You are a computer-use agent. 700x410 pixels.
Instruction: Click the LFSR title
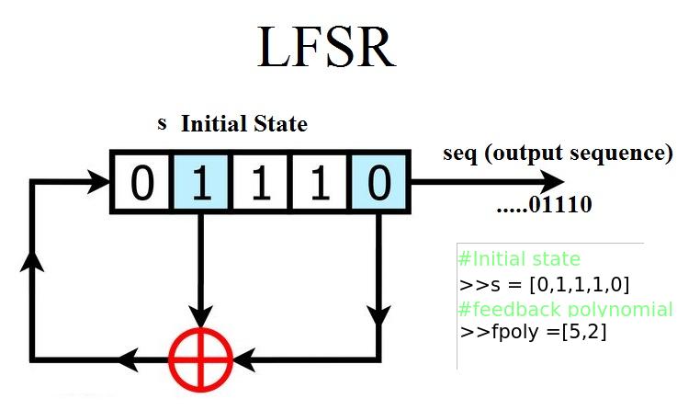326,48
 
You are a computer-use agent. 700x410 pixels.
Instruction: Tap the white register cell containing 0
141,182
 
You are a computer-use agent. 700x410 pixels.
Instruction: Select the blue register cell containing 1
201,182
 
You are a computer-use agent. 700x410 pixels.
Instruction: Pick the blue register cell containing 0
379,182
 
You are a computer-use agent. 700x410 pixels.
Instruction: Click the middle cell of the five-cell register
261,182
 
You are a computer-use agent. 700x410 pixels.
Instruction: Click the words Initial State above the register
243,124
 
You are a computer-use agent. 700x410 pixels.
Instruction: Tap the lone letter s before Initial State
162,123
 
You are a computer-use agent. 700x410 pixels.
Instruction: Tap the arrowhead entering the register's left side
99,181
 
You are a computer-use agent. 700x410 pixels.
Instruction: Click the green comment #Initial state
519,258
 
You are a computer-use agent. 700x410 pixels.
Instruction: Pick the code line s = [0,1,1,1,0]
544,283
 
